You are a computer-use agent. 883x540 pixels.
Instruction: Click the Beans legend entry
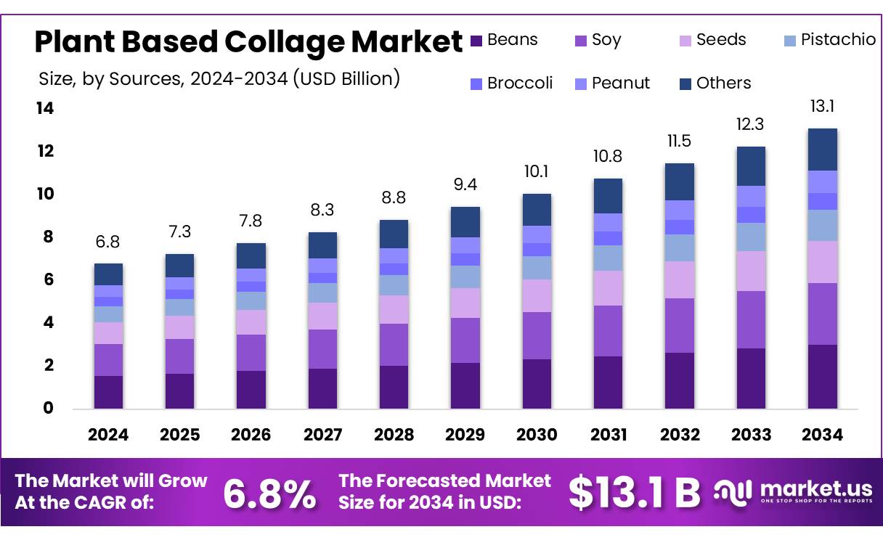pyautogui.click(x=505, y=40)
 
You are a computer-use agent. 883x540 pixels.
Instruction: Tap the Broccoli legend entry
pyautogui.click(x=511, y=83)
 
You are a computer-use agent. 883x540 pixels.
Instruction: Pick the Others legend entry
pyautogui.click(x=715, y=83)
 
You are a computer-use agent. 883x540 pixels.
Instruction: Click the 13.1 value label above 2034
pyautogui.click(x=823, y=107)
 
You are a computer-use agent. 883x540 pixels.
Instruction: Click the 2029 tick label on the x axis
pyautogui.click(x=465, y=435)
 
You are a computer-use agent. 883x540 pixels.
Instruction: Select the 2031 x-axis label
pyautogui.click(x=608, y=435)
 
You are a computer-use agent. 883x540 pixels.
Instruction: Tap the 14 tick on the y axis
pyautogui.click(x=45, y=109)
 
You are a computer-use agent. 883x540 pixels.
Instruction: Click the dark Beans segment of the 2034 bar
pyautogui.click(x=823, y=376)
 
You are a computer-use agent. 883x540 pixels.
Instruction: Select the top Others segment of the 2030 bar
pyautogui.click(x=537, y=210)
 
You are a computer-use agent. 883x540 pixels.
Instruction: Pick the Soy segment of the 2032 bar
pyautogui.click(x=680, y=325)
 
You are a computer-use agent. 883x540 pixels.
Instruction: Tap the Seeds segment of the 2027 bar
pyautogui.click(x=322, y=316)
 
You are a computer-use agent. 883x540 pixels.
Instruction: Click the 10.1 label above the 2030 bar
pyautogui.click(x=537, y=173)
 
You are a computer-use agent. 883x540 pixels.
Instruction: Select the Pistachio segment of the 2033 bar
pyautogui.click(x=751, y=237)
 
